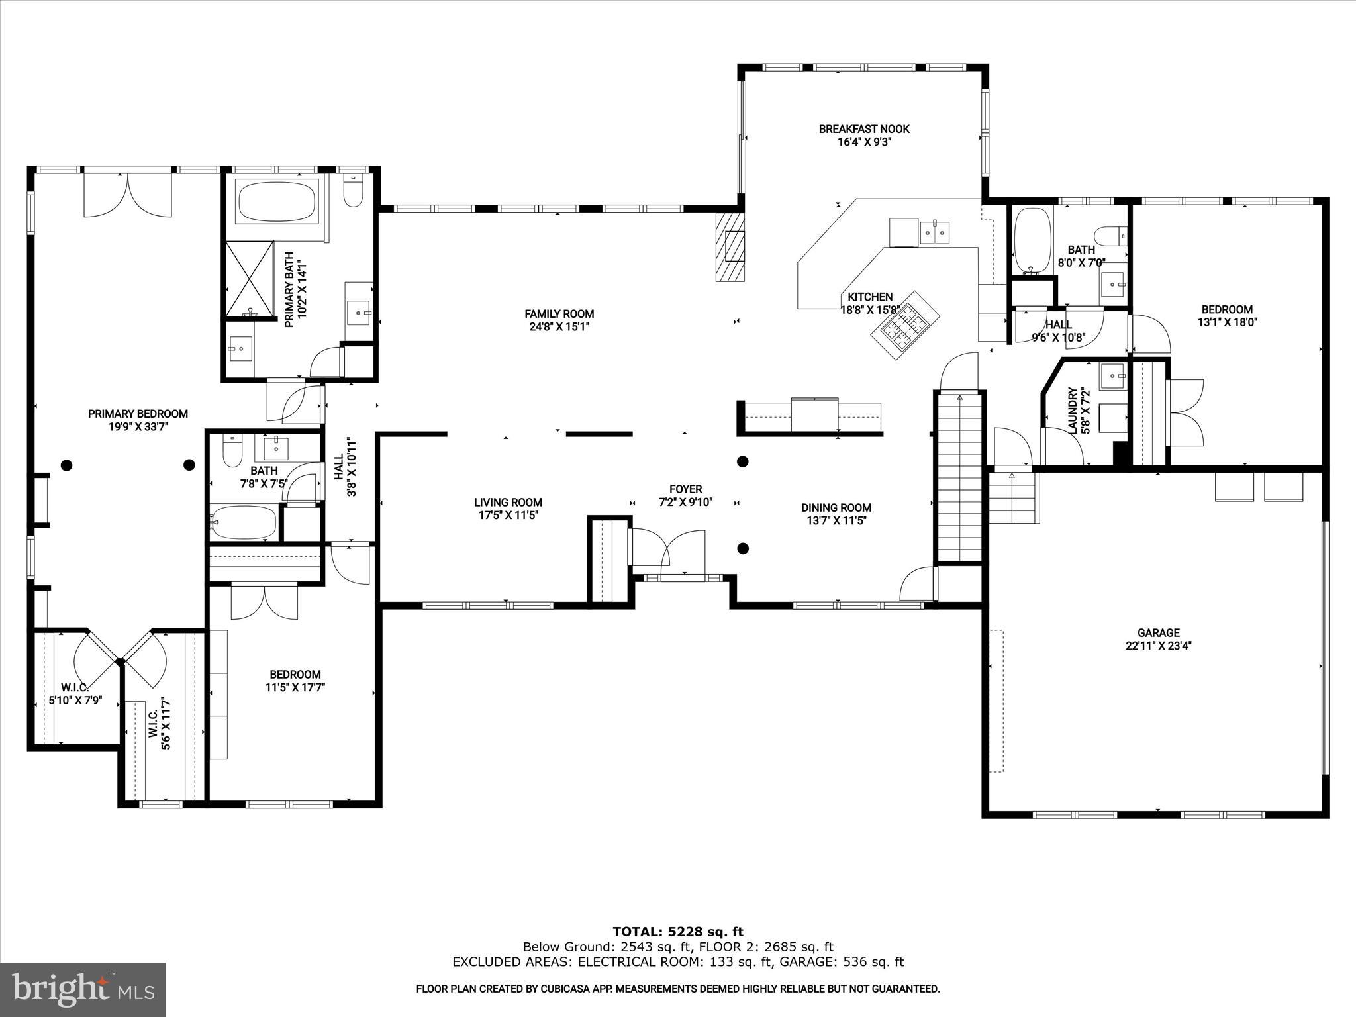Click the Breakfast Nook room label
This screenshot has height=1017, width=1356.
coord(863,129)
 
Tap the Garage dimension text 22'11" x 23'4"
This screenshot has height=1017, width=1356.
coord(1159,646)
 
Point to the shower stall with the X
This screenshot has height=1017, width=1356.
coord(250,280)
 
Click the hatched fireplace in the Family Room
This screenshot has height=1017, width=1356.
coord(730,246)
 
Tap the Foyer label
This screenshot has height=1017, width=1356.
coord(685,489)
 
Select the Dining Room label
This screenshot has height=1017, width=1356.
coord(836,508)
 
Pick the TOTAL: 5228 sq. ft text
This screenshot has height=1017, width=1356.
coord(677,932)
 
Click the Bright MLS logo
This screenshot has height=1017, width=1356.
coord(83,990)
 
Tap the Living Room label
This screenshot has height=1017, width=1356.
coord(508,503)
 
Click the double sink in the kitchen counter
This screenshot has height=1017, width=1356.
coord(934,232)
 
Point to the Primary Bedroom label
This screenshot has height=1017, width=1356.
coord(138,414)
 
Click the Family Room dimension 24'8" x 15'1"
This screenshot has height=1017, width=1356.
coord(559,326)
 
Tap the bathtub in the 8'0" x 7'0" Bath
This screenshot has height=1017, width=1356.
coord(1032,241)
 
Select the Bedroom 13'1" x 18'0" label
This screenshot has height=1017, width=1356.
coord(1226,309)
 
